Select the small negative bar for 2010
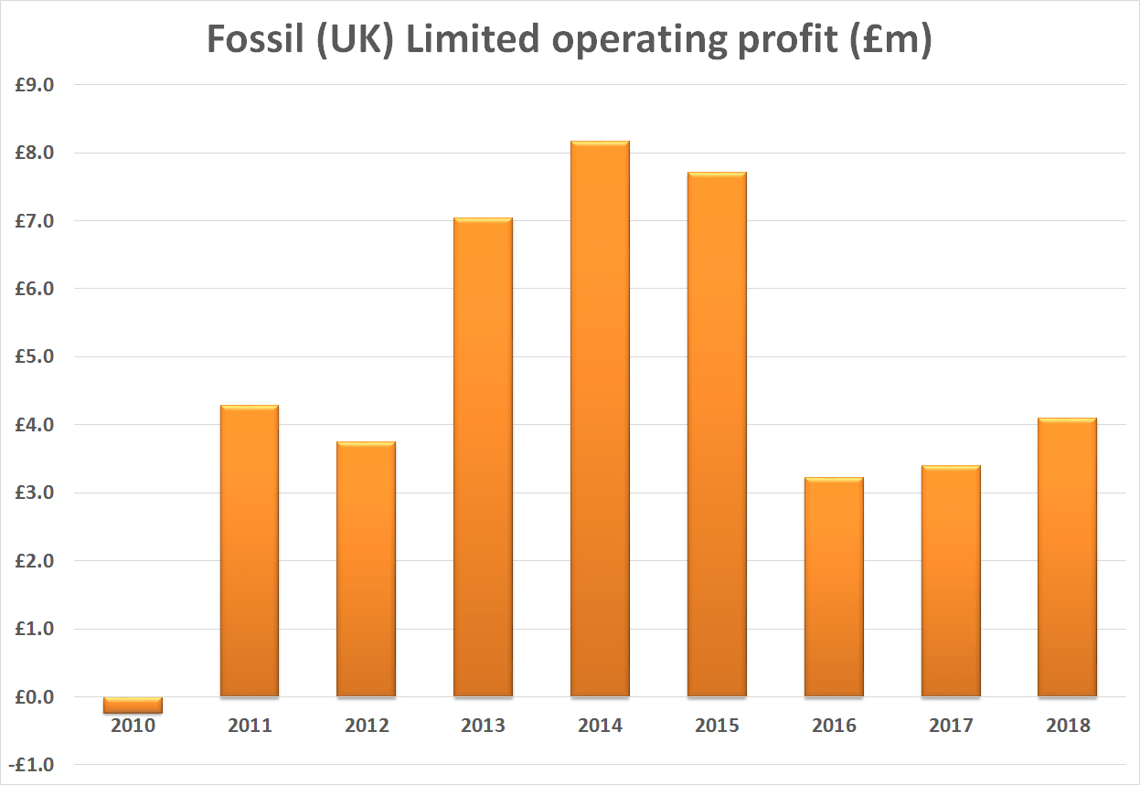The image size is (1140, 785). pyautogui.click(x=133, y=705)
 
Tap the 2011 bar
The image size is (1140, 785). pyautogui.click(x=250, y=551)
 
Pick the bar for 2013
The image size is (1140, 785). pyautogui.click(x=483, y=457)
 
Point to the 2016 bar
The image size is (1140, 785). pyautogui.click(x=834, y=587)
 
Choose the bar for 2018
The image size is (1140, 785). pyautogui.click(x=1067, y=557)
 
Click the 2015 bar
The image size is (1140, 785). pyautogui.click(x=717, y=434)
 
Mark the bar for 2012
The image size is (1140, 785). pyautogui.click(x=367, y=569)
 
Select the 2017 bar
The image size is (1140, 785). pyautogui.click(x=951, y=581)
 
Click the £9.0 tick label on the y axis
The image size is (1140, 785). pyautogui.click(x=35, y=85)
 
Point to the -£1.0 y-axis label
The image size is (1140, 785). pyautogui.click(x=33, y=765)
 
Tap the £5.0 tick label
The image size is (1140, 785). pyautogui.click(x=35, y=356)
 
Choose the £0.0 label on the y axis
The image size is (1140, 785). pyautogui.click(x=35, y=697)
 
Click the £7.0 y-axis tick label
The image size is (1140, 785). pyautogui.click(x=35, y=221)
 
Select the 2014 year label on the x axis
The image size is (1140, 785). pyautogui.click(x=600, y=727)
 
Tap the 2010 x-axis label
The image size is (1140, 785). pyautogui.click(x=133, y=727)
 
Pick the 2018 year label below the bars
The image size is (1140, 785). pyautogui.click(x=1067, y=727)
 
